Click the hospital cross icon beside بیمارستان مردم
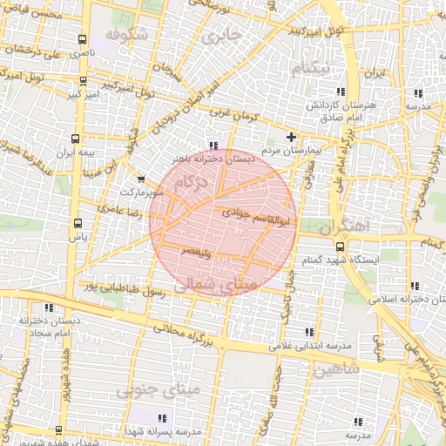point(291,137)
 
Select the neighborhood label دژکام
point(191,184)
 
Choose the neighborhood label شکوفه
point(122,34)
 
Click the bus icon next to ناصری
point(82,40)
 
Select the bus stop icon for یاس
point(78,223)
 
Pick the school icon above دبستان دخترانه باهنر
point(214,145)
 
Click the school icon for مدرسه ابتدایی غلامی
point(308,332)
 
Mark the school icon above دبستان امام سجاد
point(49,307)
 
